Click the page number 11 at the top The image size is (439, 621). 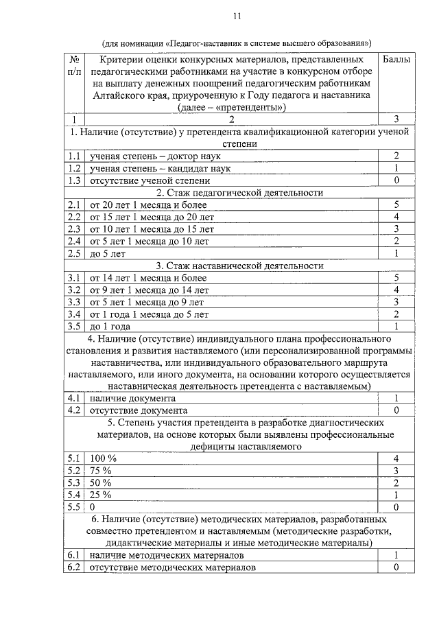point(237,15)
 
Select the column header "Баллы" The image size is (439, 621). point(396,60)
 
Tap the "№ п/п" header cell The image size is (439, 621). point(75,65)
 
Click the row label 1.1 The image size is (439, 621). point(75,156)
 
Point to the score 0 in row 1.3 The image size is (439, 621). point(396,180)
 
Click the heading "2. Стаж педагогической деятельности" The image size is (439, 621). point(239,193)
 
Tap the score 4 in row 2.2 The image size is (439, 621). point(396,217)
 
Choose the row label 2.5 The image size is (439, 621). point(75,253)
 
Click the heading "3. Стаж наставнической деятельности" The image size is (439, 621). point(239,266)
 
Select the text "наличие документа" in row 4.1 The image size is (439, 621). point(132,399)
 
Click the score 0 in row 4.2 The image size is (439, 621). point(396,410)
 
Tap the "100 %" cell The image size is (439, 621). point(104,458)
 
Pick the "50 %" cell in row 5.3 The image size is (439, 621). point(101,482)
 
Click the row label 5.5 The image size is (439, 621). point(75,506)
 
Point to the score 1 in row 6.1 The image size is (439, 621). point(396,555)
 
